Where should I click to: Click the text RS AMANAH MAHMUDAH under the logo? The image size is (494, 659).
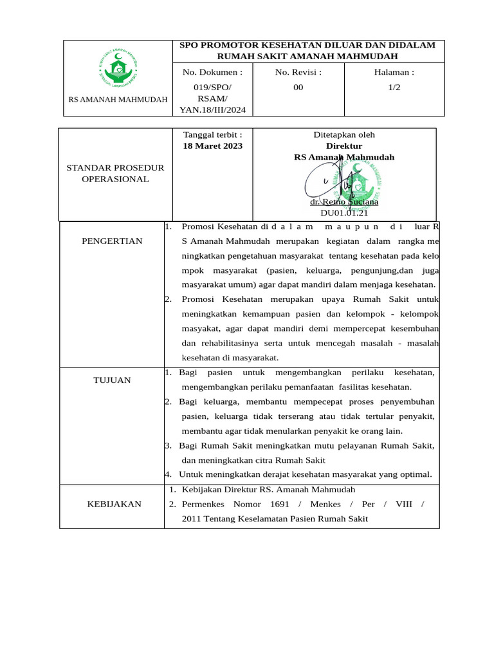[118, 99]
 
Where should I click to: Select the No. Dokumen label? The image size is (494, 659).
[212, 72]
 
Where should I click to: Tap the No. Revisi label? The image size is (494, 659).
[298, 72]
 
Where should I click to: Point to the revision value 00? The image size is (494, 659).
[298, 88]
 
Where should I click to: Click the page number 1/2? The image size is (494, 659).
[394, 88]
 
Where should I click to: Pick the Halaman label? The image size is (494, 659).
[394, 72]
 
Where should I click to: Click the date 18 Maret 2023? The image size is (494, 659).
[213, 146]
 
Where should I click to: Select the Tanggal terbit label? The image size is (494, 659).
[213, 135]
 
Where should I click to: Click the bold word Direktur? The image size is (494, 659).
[344, 146]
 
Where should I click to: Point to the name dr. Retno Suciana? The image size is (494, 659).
[344, 201]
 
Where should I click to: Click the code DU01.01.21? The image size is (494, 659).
[344, 212]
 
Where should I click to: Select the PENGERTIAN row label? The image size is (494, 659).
[112, 241]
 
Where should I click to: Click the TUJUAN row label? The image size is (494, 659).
[112, 380]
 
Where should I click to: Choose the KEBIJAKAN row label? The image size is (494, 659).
[114, 504]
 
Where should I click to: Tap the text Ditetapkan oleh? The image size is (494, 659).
[344, 135]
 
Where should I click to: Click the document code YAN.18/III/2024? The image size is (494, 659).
[212, 109]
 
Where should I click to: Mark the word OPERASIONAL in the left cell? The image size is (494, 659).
[115, 179]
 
